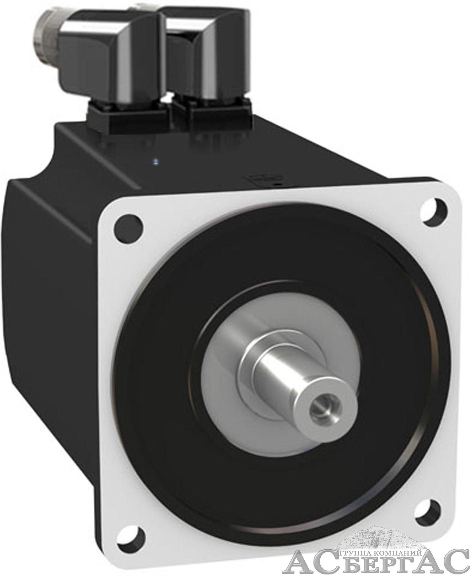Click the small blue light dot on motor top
(x=155, y=160)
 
